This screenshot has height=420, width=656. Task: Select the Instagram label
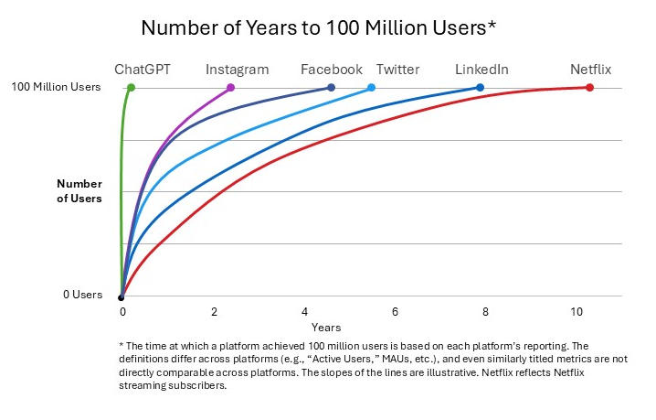(x=237, y=70)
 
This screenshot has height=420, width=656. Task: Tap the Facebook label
(x=332, y=70)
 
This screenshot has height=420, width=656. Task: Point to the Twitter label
(x=397, y=70)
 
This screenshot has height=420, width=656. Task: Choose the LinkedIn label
(x=481, y=70)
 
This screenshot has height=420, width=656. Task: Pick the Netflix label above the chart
(x=590, y=70)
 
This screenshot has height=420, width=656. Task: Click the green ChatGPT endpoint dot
(x=132, y=88)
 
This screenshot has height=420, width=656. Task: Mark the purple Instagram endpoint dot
(x=230, y=88)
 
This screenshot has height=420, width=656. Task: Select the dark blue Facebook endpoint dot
(x=331, y=88)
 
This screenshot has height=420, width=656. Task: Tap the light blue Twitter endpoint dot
(x=371, y=88)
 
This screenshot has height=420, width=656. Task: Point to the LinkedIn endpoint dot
(x=480, y=88)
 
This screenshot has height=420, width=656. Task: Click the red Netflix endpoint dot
(x=589, y=88)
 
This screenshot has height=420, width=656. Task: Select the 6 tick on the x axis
(x=395, y=312)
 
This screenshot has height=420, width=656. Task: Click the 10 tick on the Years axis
(x=577, y=312)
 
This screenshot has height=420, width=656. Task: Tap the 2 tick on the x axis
(x=213, y=312)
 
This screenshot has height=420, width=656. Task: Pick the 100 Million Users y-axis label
(x=57, y=88)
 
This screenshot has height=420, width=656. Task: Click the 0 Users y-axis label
(x=82, y=295)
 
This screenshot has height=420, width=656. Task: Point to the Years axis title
(x=326, y=327)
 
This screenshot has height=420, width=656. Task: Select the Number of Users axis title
(x=79, y=190)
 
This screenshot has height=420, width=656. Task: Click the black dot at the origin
(x=122, y=296)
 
